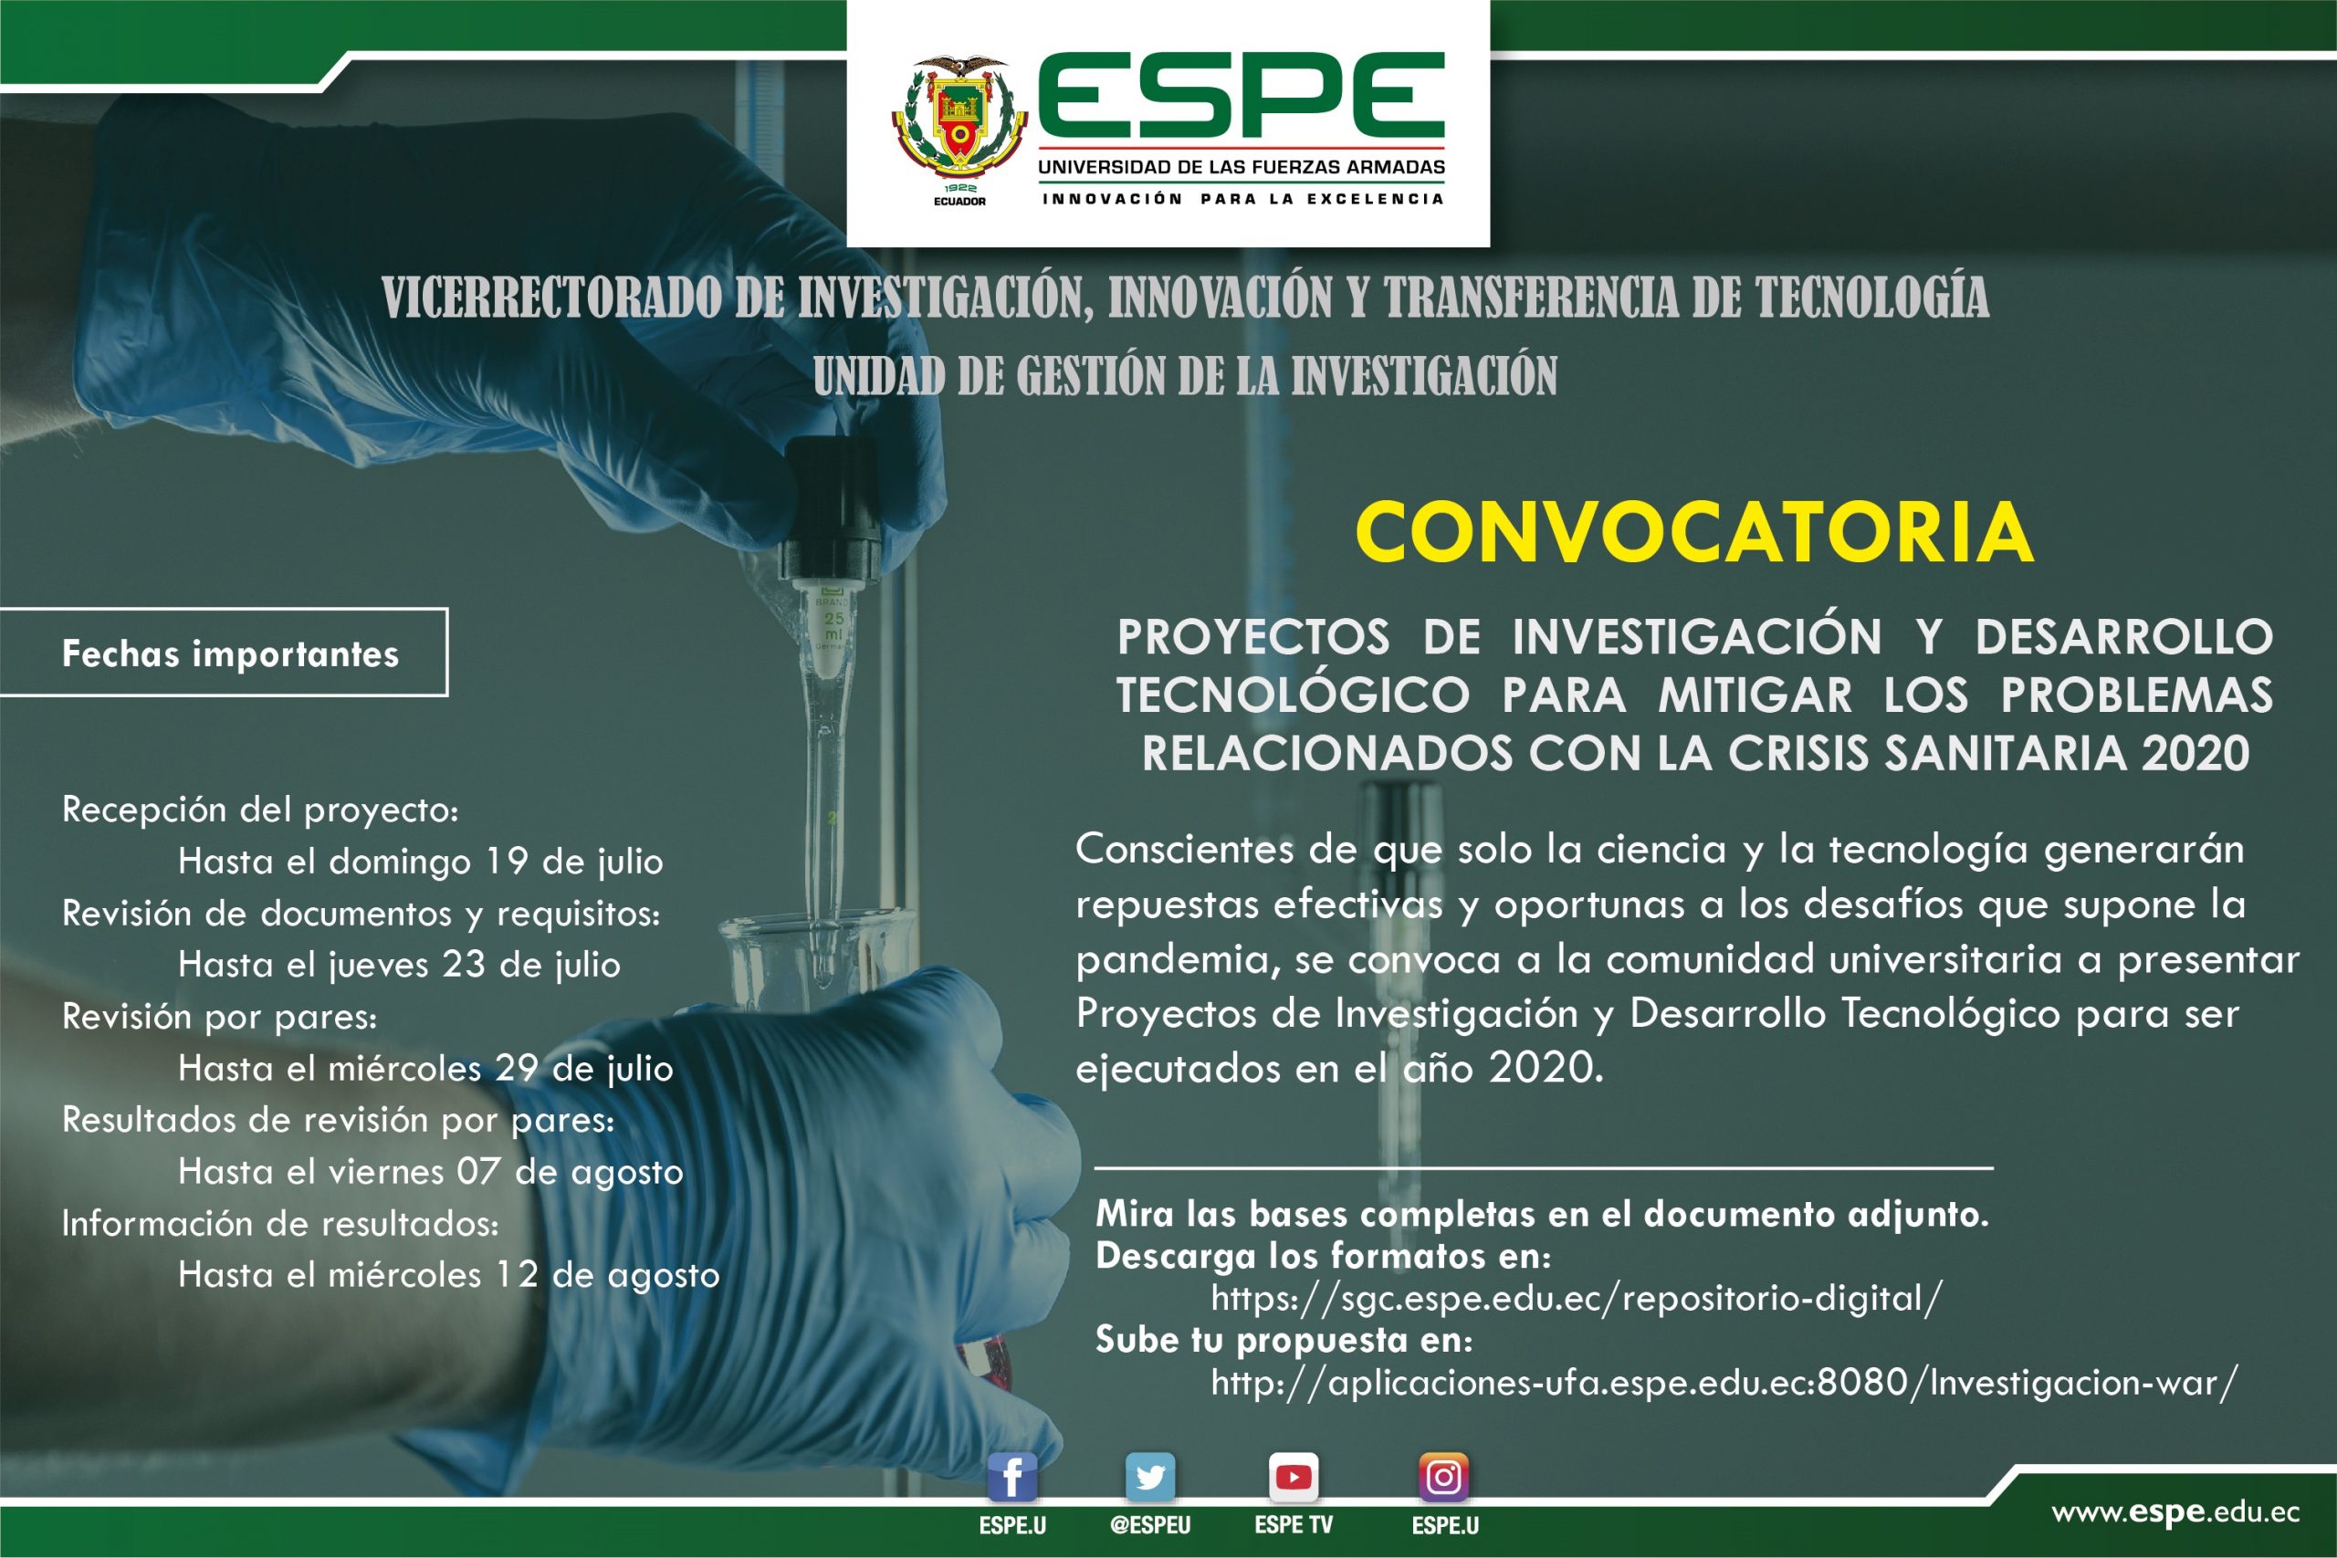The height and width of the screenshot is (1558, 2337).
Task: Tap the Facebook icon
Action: tap(1011, 1478)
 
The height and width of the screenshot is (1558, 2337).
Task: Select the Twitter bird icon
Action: tap(1149, 1478)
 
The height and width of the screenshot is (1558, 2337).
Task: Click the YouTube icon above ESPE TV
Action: tap(1293, 1478)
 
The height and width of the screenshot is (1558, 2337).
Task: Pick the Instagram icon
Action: tap(1443, 1478)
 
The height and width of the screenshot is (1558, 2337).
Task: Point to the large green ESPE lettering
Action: tap(1241, 96)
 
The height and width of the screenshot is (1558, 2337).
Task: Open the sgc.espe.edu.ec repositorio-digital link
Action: tap(1576, 1299)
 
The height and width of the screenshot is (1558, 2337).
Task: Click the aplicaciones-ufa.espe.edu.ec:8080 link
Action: tap(1724, 1382)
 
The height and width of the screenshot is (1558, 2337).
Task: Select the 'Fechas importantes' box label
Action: tap(231, 654)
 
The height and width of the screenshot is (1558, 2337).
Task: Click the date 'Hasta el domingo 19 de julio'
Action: tap(420, 862)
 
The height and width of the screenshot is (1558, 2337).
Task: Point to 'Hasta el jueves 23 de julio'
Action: tap(400, 964)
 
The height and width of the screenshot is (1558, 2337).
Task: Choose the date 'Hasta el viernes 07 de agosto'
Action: tap(430, 1172)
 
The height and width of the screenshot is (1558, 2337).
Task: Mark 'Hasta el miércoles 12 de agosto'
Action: tap(449, 1275)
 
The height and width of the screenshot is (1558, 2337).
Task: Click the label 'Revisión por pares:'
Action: tap(220, 1017)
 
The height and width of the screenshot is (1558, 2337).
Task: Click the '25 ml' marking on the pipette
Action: tap(833, 626)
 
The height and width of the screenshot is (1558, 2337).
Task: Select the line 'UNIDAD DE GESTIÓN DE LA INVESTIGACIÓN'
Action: tap(1186, 376)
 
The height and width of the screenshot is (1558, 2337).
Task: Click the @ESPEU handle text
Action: tap(1149, 1525)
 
